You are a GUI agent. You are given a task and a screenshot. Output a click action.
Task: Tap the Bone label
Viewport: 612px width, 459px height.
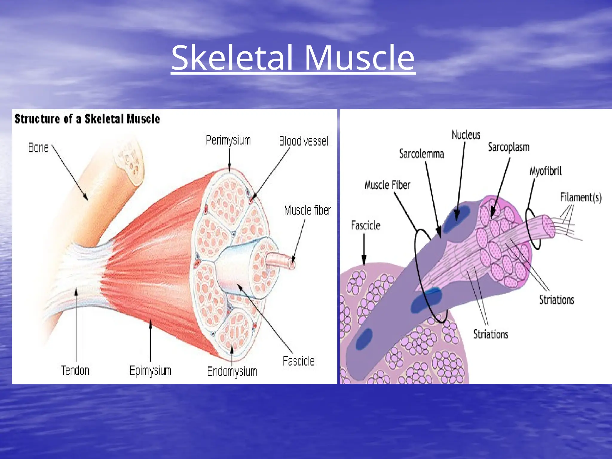click(x=38, y=148)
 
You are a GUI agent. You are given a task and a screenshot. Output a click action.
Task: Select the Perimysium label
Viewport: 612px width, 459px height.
click(x=228, y=140)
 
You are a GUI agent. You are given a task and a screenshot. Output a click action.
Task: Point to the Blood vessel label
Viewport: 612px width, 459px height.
click(x=304, y=141)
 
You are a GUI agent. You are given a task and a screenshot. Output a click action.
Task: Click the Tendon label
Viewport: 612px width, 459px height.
click(x=75, y=371)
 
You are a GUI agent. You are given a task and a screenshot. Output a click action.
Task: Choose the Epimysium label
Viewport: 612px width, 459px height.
click(x=150, y=371)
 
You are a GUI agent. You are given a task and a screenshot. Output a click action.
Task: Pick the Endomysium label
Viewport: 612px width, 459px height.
click(x=232, y=371)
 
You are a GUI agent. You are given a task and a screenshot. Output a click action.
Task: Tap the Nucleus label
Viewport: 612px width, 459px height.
click(x=466, y=135)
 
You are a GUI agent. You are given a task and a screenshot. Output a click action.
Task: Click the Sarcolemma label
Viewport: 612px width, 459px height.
click(x=422, y=154)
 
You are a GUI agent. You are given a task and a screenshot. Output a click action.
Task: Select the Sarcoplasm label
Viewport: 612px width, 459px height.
click(x=509, y=147)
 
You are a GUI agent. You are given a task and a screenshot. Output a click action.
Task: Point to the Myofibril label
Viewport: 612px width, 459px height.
click(x=545, y=171)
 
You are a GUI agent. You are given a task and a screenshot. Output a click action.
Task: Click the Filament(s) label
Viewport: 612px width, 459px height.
click(x=581, y=197)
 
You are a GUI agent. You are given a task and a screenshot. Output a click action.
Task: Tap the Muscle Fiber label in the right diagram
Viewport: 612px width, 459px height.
click(x=387, y=185)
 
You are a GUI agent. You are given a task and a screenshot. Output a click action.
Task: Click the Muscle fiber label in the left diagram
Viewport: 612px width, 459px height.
click(x=307, y=210)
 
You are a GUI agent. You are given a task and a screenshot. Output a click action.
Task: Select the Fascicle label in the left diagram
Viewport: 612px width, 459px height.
click(x=299, y=361)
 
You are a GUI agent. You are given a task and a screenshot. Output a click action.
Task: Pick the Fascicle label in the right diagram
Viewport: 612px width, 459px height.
click(x=365, y=225)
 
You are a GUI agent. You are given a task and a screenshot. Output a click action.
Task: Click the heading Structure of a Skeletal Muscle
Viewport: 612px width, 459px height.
click(x=87, y=119)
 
